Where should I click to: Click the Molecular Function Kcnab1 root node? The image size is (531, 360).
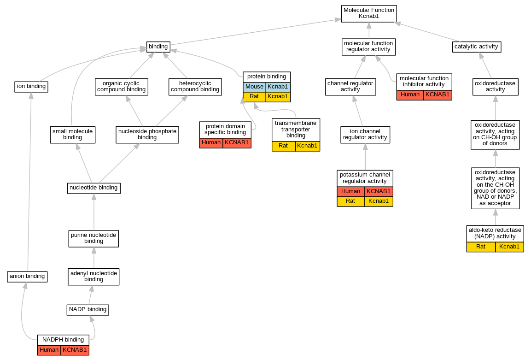pyautogui.click(x=369, y=13)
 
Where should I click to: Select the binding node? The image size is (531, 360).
pyautogui.click(x=158, y=47)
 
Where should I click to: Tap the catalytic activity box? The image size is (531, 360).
pyautogui.click(x=476, y=47)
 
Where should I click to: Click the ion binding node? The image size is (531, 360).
pyautogui.click(x=31, y=86)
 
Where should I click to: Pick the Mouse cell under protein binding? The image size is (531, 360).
pyautogui.click(x=255, y=87)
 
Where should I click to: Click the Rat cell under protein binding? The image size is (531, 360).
pyautogui.click(x=255, y=96)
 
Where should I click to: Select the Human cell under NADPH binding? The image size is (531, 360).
pyautogui.click(x=49, y=350)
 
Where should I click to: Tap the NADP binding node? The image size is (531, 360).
pyautogui.click(x=88, y=309)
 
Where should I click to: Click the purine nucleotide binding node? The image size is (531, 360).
pyautogui.click(x=94, y=238)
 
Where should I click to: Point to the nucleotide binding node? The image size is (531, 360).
pyautogui.click(x=94, y=188)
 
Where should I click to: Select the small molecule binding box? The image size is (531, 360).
pyautogui.click(x=73, y=134)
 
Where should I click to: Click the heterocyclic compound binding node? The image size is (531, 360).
pyautogui.click(x=195, y=86)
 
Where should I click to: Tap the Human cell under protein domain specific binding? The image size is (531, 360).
pyautogui.click(x=211, y=142)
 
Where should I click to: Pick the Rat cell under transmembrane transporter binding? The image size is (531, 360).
pyautogui.click(x=283, y=146)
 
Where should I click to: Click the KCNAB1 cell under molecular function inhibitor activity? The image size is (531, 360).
pyautogui.click(x=438, y=95)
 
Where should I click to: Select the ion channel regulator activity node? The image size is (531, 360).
pyautogui.click(x=365, y=135)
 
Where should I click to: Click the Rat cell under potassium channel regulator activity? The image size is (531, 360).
pyautogui.click(x=350, y=201)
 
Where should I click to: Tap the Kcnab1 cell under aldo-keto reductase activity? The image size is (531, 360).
pyautogui.click(x=509, y=247)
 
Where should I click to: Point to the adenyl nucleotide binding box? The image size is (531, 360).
pyautogui.click(x=94, y=276)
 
